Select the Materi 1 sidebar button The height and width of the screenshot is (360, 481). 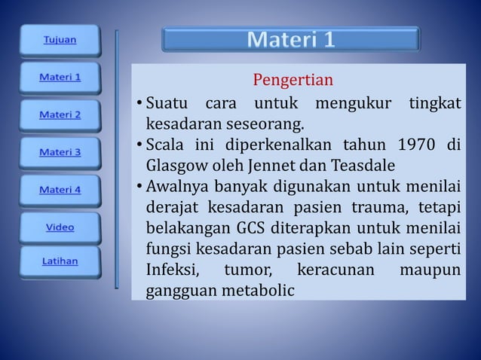coord(60,77)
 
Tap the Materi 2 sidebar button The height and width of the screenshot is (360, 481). coord(60,114)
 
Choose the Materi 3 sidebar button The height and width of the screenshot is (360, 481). coord(60,151)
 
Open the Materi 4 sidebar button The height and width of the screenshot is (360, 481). coord(60,189)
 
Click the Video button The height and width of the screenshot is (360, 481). coord(60,226)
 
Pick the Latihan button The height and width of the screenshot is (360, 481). coord(60,262)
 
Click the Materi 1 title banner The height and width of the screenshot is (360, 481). coord(290,40)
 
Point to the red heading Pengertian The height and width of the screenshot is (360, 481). coord(293,80)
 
